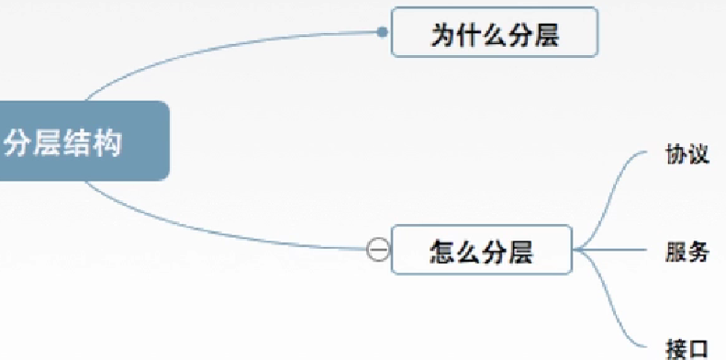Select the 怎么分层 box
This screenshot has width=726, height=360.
coord(482,250)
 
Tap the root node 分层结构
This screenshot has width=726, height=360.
coord(83,141)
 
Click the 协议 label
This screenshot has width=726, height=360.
coord(687,153)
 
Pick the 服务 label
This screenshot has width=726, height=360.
coord(687,249)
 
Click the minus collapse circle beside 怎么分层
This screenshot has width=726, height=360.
coord(377,249)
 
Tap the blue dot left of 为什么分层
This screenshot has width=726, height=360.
coord(383,33)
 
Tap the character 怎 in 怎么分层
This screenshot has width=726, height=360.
coord(442,250)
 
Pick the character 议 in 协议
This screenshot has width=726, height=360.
coord(698,153)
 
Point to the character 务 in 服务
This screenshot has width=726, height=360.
coord(698,249)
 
